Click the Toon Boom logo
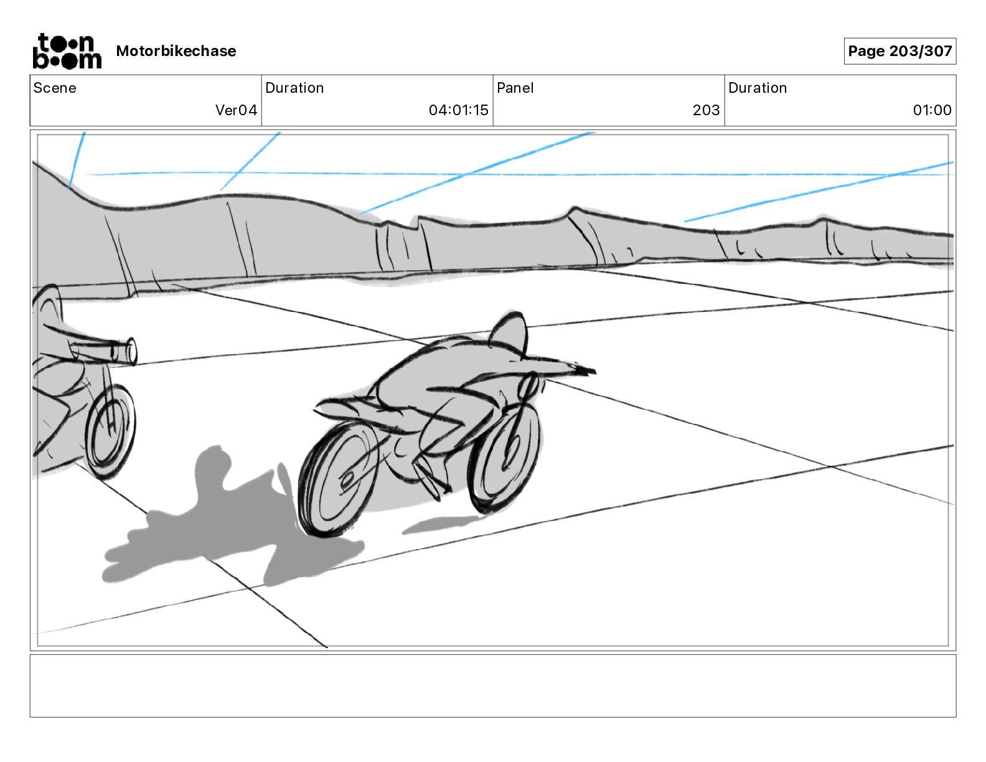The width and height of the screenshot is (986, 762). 67,51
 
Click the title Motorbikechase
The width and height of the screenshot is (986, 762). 176,51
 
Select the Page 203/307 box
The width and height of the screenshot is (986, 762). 899,51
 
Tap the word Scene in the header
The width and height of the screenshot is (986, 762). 55,88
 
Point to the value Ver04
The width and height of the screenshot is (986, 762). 236,110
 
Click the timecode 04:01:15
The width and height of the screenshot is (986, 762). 458,110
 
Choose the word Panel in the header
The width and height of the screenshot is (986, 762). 515,88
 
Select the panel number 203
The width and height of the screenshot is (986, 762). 706,110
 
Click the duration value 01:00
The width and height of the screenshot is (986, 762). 932,110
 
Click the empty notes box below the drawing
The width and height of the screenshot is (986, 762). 492,685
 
